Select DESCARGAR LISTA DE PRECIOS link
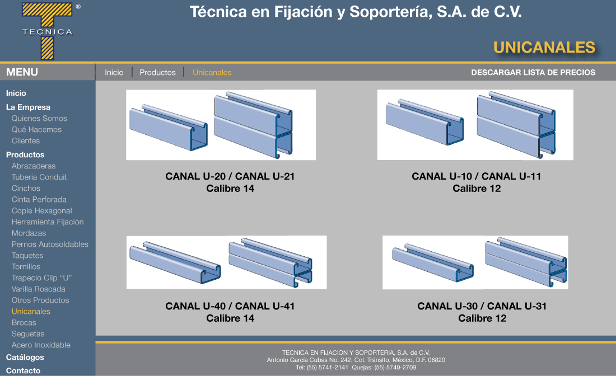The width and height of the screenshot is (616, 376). pyautogui.click(x=533, y=72)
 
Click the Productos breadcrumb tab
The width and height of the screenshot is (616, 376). pyautogui.click(x=157, y=72)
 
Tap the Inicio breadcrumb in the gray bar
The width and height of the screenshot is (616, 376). pyautogui.click(x=114, y=72)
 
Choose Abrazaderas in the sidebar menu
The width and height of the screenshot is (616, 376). pyautogui.click(x=34, y=166)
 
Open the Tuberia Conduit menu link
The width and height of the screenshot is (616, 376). pyautogui.click(x=39, y=177)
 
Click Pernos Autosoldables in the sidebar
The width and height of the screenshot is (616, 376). pyautogui.click(x=50, y=244)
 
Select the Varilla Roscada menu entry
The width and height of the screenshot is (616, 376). pyautogui.click(x=39, y=289)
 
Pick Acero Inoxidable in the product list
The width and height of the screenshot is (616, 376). pyautogui.click(x=41, y=345)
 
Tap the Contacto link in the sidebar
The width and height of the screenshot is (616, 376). pyautogui.click(x=23, y=370)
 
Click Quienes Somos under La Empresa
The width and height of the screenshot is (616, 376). pyautogui.click(x=39, y=118)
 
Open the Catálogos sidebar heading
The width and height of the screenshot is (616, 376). pyautogui.click(x=25, y=357)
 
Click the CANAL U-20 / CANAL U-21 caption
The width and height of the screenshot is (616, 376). pyautogui.click(x=230, y=176)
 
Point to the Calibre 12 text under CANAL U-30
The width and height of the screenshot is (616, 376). pyautogui.click(x=482, y=318)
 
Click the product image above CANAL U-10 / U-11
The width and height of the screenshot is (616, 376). pyautogui.click(x=475, y=125)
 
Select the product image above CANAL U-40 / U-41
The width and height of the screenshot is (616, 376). pyautogui.click(x=227, y=262)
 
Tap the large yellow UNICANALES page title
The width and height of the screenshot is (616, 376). pyautogui.click(x=544, y=48)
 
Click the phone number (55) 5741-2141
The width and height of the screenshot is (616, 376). pyautogui.click(x=327, y=368)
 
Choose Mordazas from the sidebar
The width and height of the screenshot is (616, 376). pyautogui.click(x=29, y=233)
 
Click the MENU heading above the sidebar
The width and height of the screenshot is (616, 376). pyautogui.click(x=22, y=72)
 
